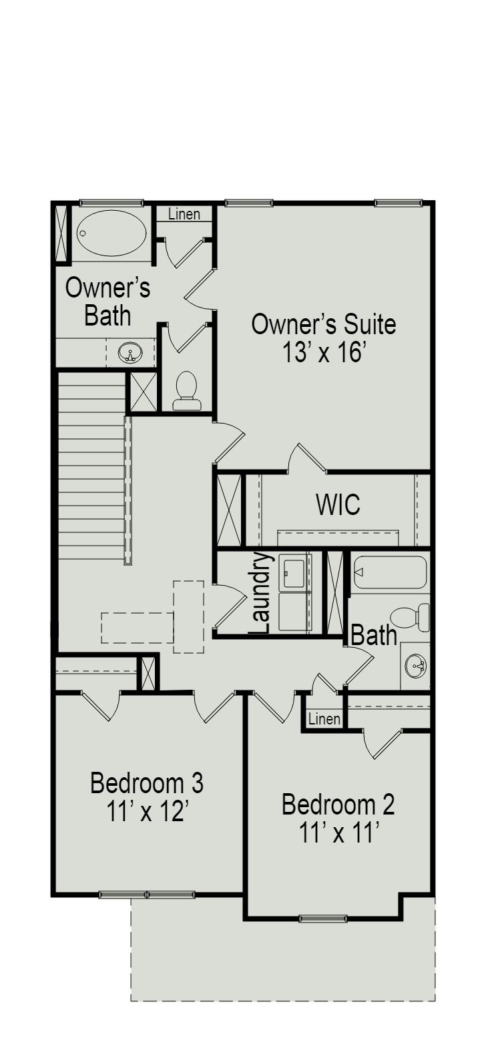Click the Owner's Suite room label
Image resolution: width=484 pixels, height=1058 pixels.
point(323,324)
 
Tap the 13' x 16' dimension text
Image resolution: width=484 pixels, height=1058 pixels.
point(323,352)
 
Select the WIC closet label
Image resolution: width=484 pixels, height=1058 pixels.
point(338,505)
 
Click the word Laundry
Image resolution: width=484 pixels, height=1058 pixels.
point(261,592)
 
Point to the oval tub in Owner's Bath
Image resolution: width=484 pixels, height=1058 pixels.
point(111,233)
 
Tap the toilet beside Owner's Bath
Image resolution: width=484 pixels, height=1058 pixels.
point(186,390)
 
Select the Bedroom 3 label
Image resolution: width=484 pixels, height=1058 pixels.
point(147,782)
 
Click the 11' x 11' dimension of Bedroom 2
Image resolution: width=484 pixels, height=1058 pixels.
point(339,833)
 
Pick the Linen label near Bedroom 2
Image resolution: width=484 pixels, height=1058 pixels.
point(324,719)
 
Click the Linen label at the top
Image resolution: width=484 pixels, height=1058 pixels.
point(184,214)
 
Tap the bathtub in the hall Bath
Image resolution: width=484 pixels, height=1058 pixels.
point(389,572)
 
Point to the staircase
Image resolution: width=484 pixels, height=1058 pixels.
point(91,467)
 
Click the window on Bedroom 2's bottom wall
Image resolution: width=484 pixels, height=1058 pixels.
point(323,919)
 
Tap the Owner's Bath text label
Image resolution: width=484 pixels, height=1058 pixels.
point(107,302)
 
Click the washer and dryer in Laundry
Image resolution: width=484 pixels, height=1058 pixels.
point(294,592)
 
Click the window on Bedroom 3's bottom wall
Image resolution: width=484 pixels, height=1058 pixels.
point(147,894)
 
